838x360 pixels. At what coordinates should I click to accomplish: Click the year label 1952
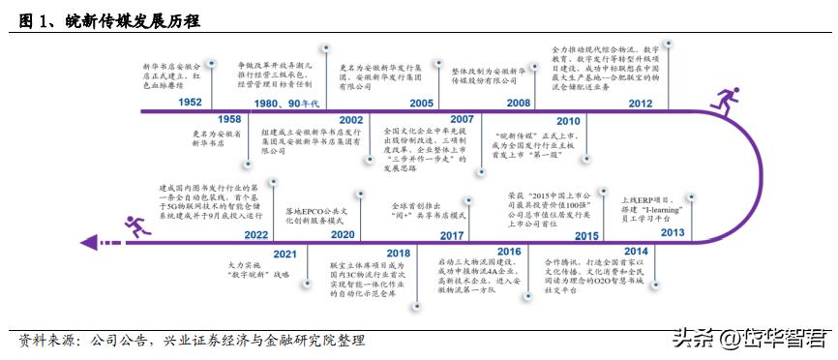pos(191,102)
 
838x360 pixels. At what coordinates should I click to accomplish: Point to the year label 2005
pos(421,102)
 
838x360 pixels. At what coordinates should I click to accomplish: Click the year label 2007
pos(461,120)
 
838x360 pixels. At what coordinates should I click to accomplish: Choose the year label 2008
pos(518,102)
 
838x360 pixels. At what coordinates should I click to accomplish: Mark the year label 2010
pos(567,120)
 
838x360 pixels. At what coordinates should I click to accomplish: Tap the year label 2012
pos(640,102)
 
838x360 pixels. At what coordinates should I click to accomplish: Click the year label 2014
pos(636,253)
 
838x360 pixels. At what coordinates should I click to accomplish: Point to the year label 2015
pos(585,233)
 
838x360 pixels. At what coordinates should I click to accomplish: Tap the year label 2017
pos(453,233)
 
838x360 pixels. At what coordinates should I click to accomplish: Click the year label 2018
pos(399,253)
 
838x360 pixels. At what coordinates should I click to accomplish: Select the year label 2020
pos(344,233)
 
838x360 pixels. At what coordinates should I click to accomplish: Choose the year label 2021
pos(285,253)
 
